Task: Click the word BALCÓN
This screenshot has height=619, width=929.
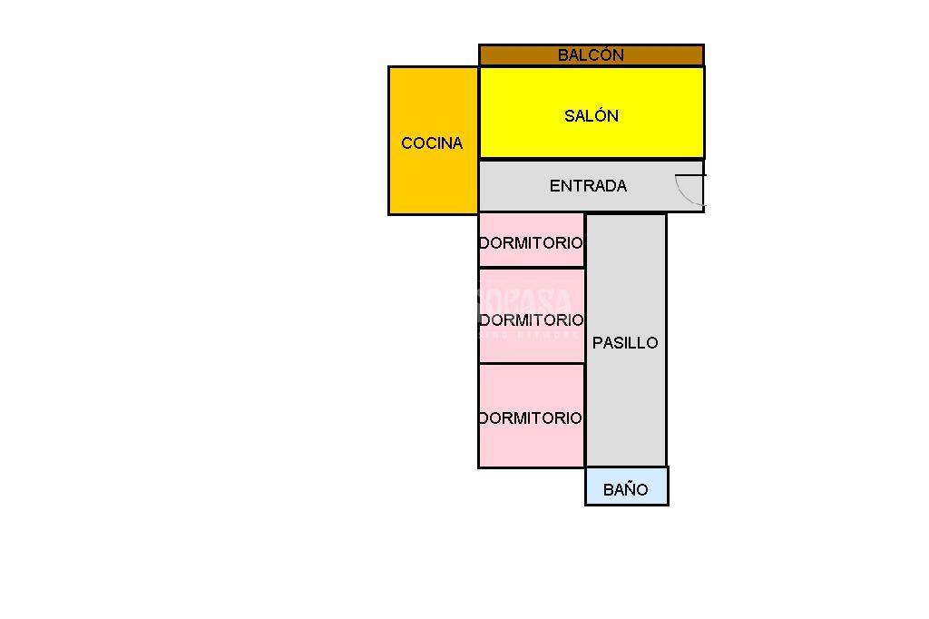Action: [x=591, y=55]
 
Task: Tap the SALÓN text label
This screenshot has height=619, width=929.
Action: [x=592, y=116]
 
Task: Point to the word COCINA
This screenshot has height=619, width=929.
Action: [x=432, y=143]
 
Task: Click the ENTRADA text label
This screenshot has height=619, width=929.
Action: [x=588, y=186]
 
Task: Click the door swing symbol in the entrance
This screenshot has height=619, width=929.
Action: [x=690, y=190]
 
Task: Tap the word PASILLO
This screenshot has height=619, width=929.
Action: [x=625, y=343]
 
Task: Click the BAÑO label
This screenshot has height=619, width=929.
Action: [x=626, y=490]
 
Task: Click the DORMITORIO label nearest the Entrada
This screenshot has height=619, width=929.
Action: [x=531, y=243]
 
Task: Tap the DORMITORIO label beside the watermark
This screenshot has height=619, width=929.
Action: [x=531, y=320]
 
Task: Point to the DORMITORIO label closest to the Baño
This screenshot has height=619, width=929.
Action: [x=531, y=418]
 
